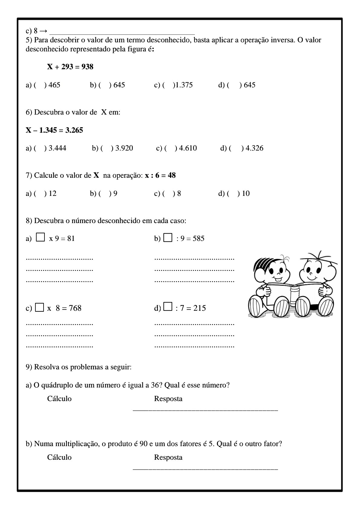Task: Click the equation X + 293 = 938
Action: (70, 67)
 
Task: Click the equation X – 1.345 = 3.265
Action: (54, 130)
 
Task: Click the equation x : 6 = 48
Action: (160, 175)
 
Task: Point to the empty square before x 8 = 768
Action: (40, 307)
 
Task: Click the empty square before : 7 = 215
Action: (168, 307)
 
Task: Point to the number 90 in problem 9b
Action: (144, 444)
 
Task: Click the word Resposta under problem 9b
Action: (168, 457)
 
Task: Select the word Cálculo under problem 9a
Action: (59, 399)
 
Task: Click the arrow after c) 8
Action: (43, 31)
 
